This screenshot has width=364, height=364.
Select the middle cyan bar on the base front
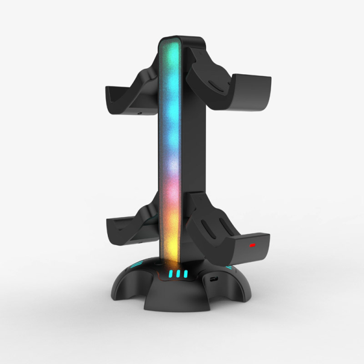tap(179, 274)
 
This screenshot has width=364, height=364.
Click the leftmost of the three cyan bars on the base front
tap(171, 274)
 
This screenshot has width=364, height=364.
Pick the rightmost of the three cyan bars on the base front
tap(187, 274)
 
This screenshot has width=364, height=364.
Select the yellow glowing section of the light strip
tap(171, 241)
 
